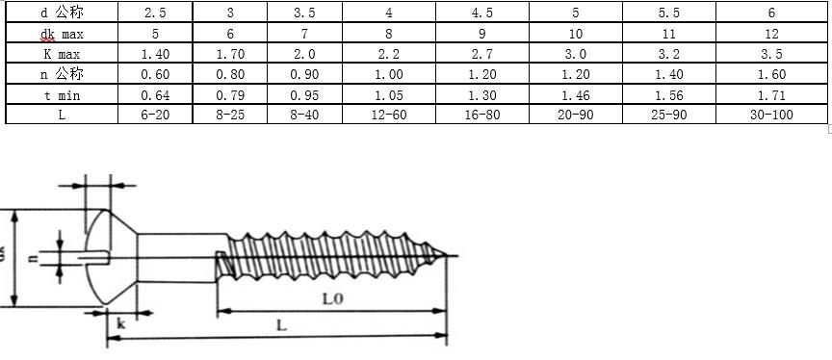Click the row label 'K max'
[x=62, y=54]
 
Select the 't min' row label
[x=62, y=95]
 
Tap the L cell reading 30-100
[x=771, y=115]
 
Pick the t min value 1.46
[x=575, y=95]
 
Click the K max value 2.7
[x=481, y=54]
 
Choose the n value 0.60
[x=155, y=74]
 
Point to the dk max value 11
[x=668, y=34]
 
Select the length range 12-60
[x=388, y=115]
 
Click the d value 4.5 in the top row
[x=481, y=13]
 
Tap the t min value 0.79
[x=230, y=95]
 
